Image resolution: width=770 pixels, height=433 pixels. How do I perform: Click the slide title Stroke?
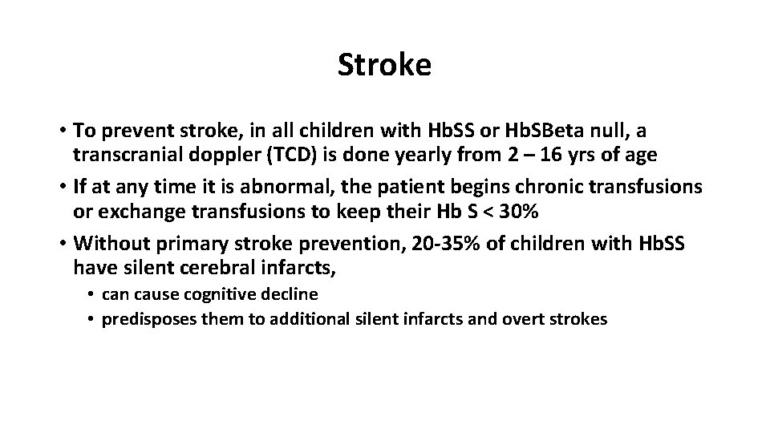coord(384,65)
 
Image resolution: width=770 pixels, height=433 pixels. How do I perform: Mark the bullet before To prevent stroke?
coord(61,130)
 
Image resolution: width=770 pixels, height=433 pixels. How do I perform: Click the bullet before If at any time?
coord(61,188)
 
